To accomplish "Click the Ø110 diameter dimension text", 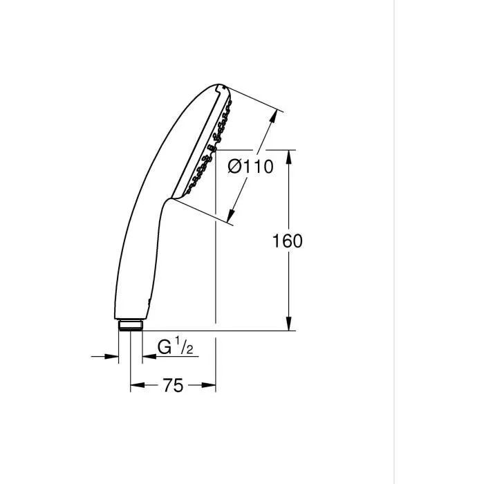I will point(250,167).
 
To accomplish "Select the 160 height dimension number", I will point(288,241).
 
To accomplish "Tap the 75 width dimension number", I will point(174,386).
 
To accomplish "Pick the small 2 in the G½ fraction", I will point(185,351).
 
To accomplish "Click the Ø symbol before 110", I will point(234,167).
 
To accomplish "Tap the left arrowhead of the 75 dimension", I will point(136,386).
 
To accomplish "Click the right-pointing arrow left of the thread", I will point(111,356).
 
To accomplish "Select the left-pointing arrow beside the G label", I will point(148,356).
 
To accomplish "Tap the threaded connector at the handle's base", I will point(130,325).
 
